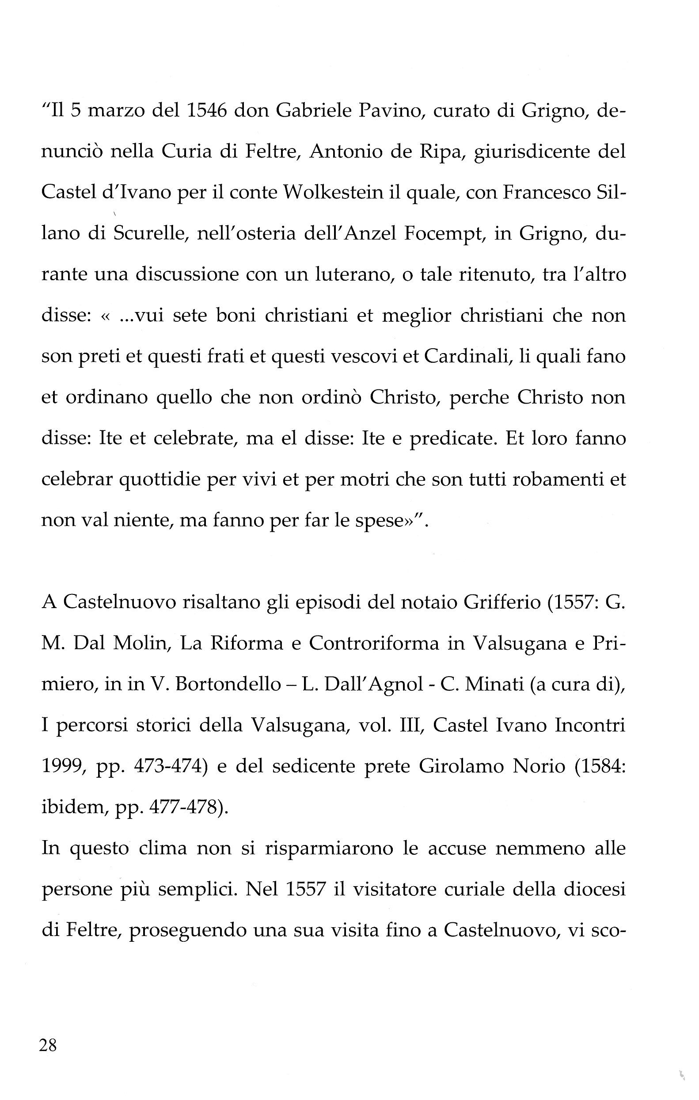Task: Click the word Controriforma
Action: (x=373, y=643)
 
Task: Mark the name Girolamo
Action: (x=461, y=766)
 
